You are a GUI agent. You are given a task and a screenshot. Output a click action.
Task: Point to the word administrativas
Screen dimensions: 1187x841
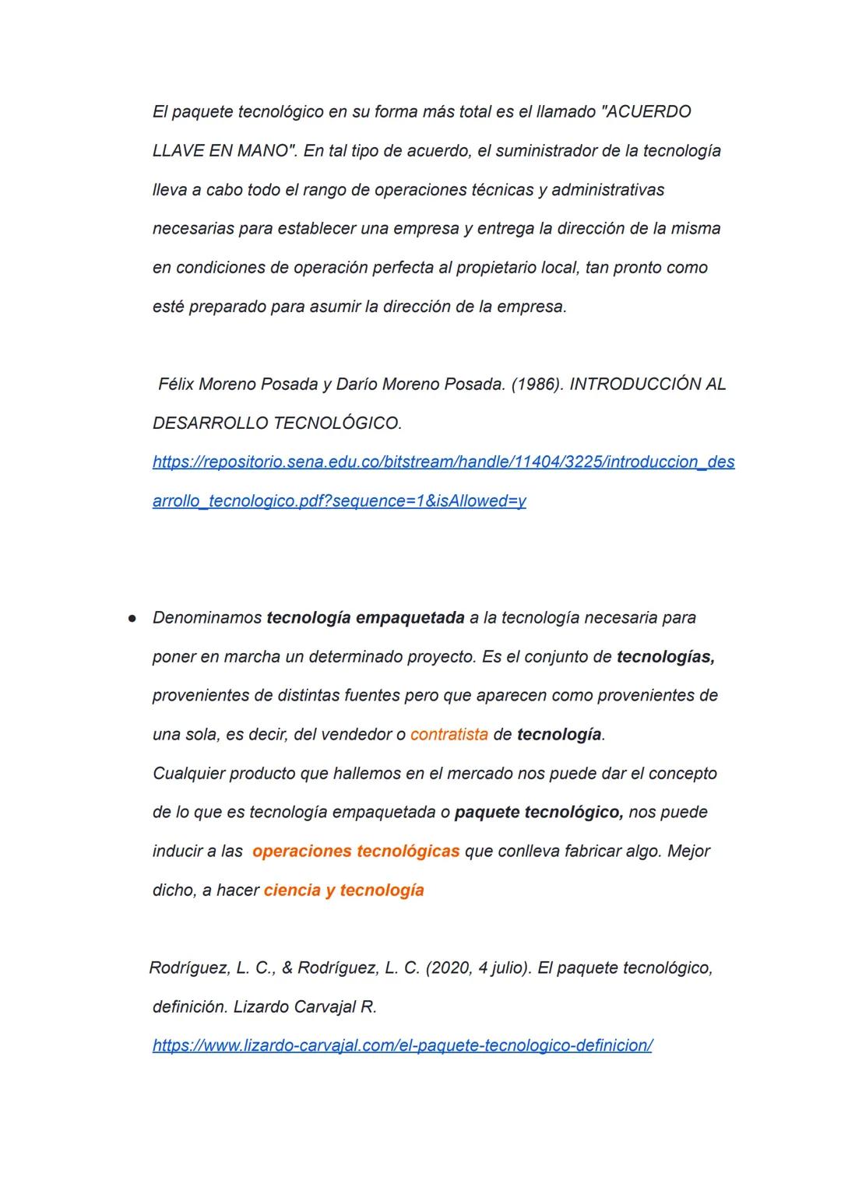point(607,190)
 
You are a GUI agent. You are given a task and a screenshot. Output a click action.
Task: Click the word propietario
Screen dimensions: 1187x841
point(498,268)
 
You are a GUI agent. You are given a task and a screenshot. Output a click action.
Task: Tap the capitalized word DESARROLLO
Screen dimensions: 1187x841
point(210,423)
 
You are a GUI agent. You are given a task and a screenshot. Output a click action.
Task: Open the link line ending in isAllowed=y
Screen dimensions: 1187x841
point(339,501)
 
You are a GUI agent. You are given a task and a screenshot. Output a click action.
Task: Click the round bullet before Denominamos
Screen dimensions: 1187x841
point(133,618)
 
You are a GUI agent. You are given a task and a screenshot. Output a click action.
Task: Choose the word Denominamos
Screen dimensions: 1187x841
point(207,618)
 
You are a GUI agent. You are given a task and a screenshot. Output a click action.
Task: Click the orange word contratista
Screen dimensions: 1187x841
point(449,735)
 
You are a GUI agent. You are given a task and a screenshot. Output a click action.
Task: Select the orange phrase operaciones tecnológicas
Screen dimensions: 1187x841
point(356,852)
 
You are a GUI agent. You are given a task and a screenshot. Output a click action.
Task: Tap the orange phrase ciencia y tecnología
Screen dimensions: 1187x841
point(343,890)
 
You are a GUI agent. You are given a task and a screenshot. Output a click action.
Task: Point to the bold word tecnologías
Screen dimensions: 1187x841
point(665,657)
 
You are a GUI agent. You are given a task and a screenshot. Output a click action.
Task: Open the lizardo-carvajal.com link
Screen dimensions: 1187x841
point(402,1046)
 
